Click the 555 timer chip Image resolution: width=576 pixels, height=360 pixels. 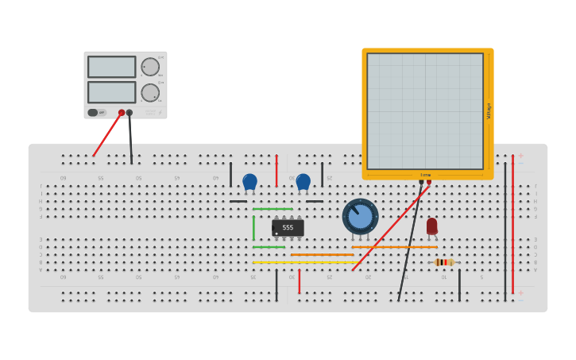[x=288, y=228]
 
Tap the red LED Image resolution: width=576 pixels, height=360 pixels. [x=431, y=226]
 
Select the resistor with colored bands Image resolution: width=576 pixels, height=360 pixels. [x=444, y=262]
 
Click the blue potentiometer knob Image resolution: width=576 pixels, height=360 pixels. [x=361, y=216]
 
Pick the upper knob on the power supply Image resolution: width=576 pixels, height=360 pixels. [x=150, y=67]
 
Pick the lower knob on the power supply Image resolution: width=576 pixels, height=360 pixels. [x=150, y=93]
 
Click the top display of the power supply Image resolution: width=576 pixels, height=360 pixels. [x=112, y=67]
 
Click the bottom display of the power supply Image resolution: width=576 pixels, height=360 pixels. [x=112, y=92]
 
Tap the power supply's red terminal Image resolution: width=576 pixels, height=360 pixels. [x=122, y=113]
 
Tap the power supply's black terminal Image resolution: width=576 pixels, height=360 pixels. [x=130, y=113]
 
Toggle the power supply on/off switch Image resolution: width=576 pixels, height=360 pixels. [x=93, y=113]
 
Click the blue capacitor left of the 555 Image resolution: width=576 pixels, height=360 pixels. [x=249, y=182]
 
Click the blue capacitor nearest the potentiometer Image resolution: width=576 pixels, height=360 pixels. [x=303, y=182]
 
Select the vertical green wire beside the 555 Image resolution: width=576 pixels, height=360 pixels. [x=253, y=228]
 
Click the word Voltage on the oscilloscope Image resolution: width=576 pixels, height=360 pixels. [x=489, y=111]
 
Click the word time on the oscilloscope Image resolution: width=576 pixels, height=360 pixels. [x=425, y=175]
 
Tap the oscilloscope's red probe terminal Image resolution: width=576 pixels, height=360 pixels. [x=429, y=182]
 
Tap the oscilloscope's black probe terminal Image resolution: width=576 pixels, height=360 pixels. [x=421, y=182]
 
